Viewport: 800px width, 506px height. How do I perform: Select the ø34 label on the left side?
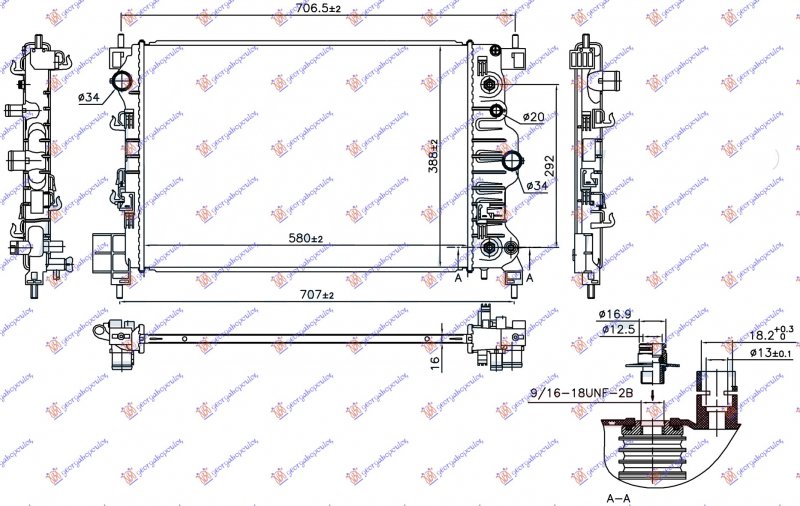[88, 96]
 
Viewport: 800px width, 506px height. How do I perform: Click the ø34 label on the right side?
[537, 185]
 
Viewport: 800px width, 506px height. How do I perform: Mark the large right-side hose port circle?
[513, 161]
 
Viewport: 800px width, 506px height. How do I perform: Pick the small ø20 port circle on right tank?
[498, 111]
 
